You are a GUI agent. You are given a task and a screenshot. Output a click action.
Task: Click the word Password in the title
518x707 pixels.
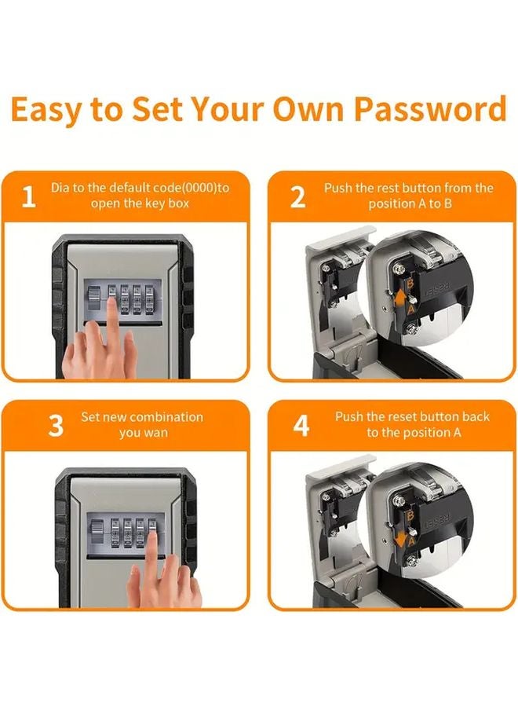pyautogui.click(x=429, y=109)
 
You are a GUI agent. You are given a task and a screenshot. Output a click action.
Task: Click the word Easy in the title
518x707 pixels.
pyautogui.click(x=48, y=109)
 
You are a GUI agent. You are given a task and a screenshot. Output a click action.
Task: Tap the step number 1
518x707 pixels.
pyautogui.click(x=28, y=197)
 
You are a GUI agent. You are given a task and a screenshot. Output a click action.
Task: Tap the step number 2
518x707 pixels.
pyautogui.click(x=297, y=197)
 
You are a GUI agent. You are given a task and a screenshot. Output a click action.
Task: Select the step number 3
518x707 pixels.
pyautogui.click(x=56, y=426)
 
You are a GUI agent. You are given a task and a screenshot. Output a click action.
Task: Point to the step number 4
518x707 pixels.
pyautogui.click(x=301, y=426)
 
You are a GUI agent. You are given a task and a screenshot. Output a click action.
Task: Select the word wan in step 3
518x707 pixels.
pyautogui.click(x=155, y=433)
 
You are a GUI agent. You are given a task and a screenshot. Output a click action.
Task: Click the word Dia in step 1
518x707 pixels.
pyautogui.click(x=60, y=189)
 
